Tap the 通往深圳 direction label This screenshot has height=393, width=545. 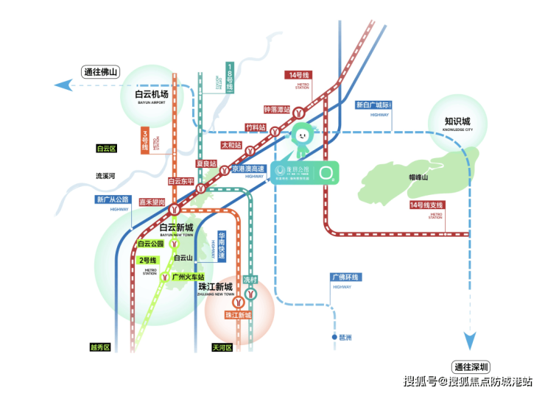pos(471,367)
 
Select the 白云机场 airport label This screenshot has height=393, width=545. pos(152,95)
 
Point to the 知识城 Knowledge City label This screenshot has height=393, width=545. pos(457,122)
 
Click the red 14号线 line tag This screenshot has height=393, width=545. pos(300,75)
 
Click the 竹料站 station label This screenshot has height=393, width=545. pos(255,127)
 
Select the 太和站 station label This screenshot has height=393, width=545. pos(231,145)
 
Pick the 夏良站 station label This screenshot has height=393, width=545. pos(207,163)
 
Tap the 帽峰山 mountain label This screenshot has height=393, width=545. pos(418,177)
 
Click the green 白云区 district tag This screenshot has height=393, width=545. pos(107,149)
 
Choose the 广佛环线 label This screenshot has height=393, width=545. pos(344,277)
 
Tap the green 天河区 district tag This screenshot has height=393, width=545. pos(222,347)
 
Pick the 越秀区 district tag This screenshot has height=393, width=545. pos(99,347)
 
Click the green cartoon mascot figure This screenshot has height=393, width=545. pos(302,140)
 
